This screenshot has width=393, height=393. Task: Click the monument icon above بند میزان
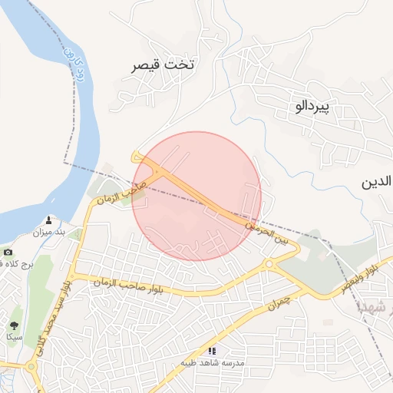[x=50, y=220]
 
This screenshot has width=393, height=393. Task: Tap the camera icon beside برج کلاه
[x=8, y=252]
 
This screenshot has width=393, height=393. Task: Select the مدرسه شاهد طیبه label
[x=212, y=362]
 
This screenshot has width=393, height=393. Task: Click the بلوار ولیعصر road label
[x=362, y=276]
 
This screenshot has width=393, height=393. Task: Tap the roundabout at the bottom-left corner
[x=31, y=367]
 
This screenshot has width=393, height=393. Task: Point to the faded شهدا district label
[x=376, y=308]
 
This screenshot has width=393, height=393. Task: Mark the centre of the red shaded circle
[x=196, y=196]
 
